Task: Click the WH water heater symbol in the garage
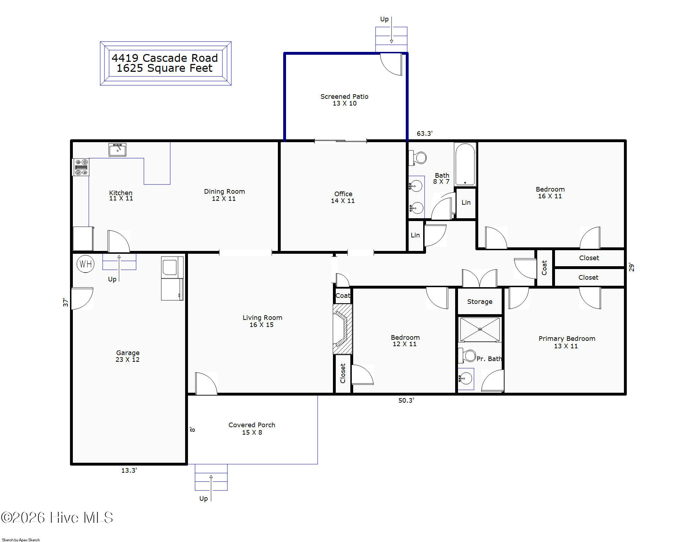point(86,264)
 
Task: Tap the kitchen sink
point(117,150)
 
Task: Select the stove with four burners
point(81,167)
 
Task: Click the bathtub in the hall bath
point(465,164)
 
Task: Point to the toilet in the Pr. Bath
point(467,355)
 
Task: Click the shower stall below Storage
point(480,329)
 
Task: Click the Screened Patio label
point(344,96)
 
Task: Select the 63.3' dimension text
point(425,134)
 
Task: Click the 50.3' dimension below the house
point(406,401)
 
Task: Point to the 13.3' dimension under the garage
point(129,471)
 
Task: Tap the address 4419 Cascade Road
point(165,58)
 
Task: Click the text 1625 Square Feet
point(165,68)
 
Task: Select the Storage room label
point(480,302)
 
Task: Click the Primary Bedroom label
point(567,339)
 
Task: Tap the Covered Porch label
point(252,425)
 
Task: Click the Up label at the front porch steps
point(204,499)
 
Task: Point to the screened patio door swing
point(391,64)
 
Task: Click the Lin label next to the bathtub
point(466,203)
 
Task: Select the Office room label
point(343,194)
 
